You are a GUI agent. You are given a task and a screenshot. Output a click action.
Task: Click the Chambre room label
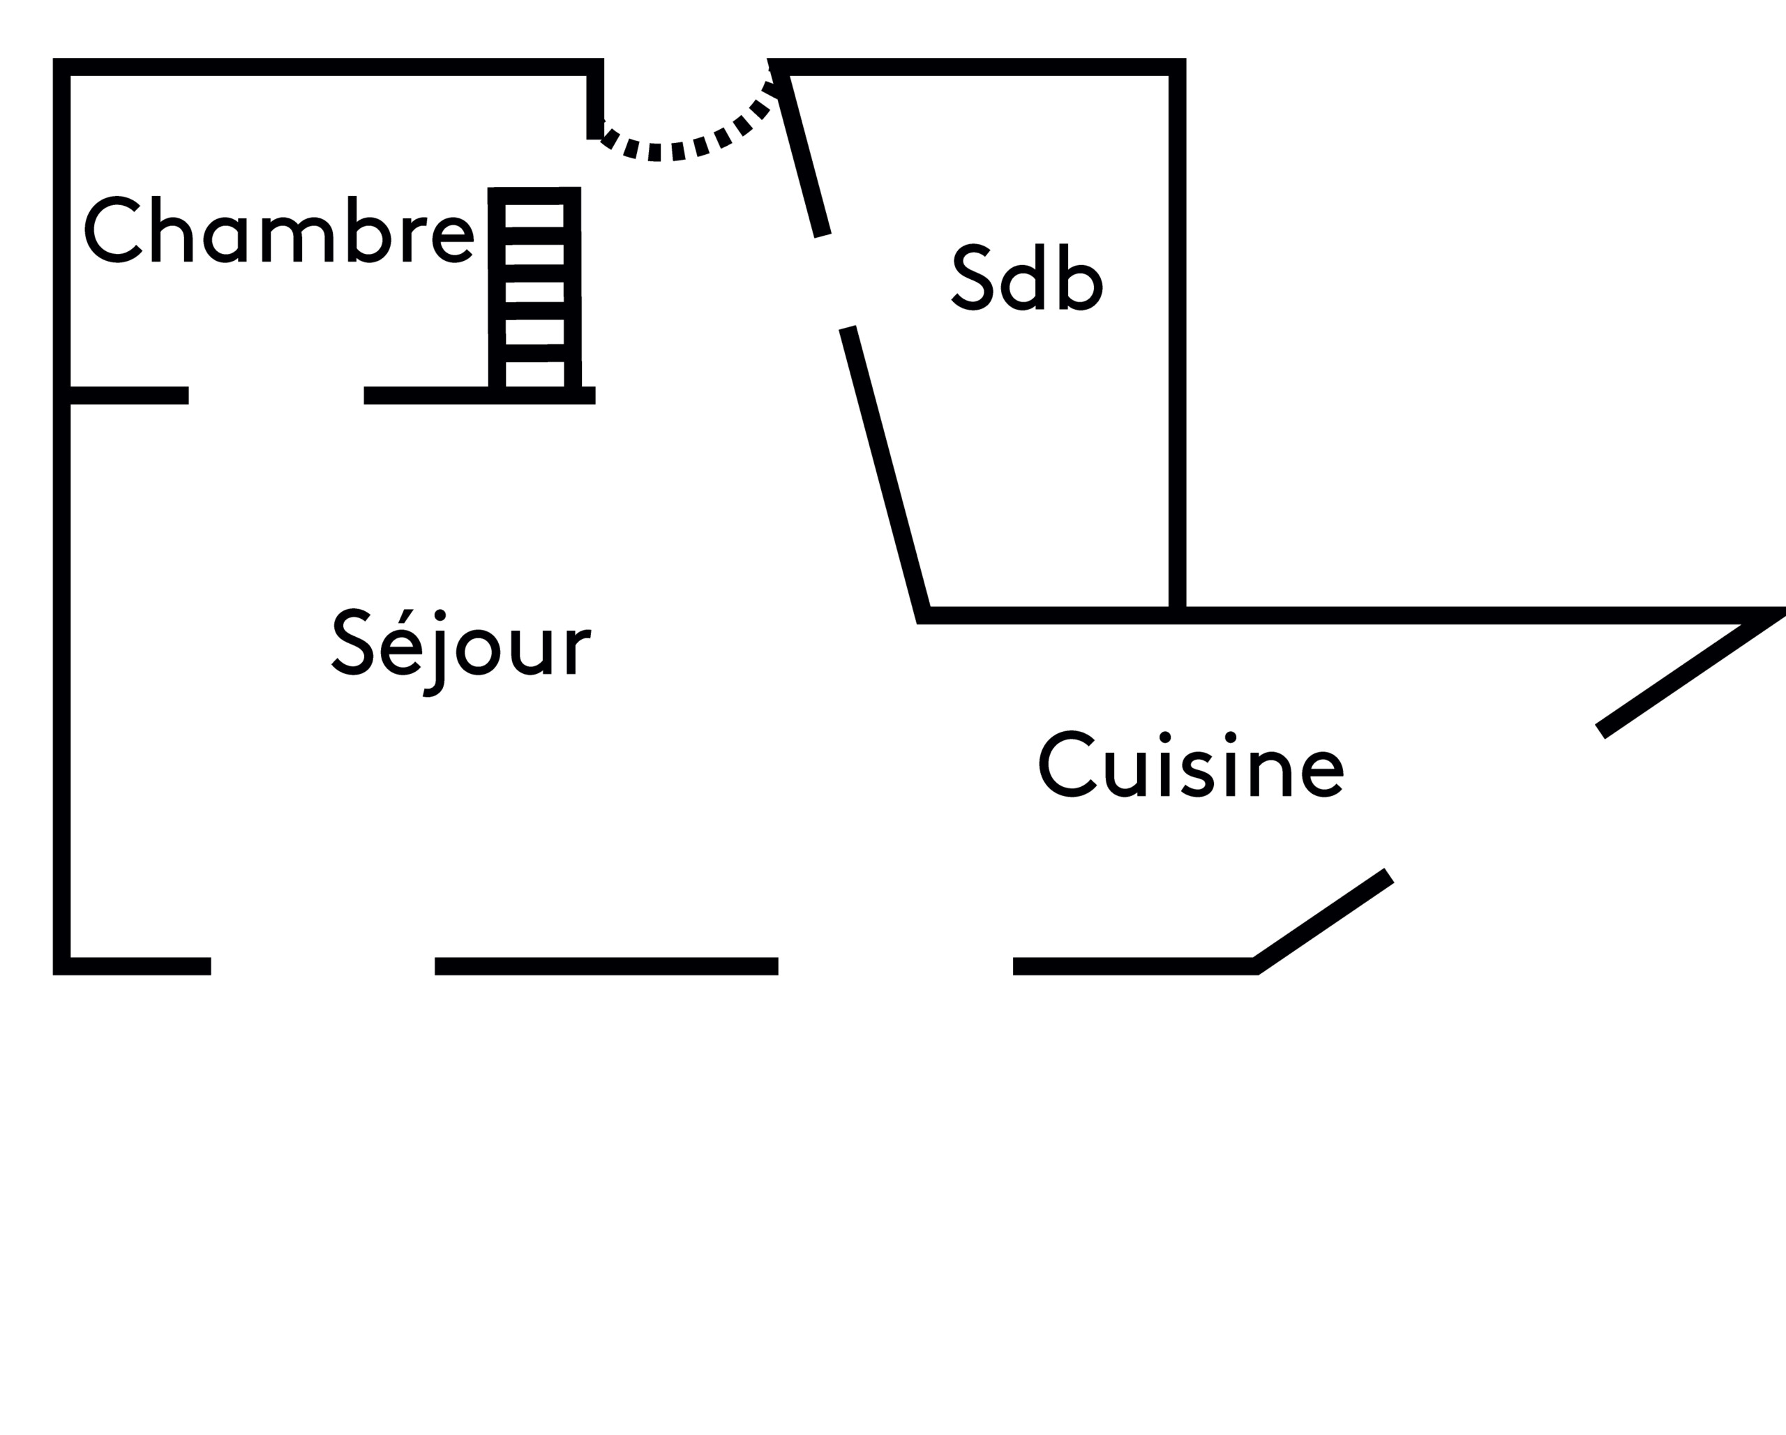point(279,230)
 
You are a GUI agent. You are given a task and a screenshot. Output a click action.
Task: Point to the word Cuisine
point(1190,765)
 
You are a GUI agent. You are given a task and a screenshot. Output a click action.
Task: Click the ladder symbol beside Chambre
point(534,290)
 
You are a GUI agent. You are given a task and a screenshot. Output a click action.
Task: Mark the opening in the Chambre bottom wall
point(276,396)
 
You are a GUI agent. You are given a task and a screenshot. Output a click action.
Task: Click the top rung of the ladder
point(534,195)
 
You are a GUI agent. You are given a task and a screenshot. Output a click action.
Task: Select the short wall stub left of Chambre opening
point(129,396)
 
